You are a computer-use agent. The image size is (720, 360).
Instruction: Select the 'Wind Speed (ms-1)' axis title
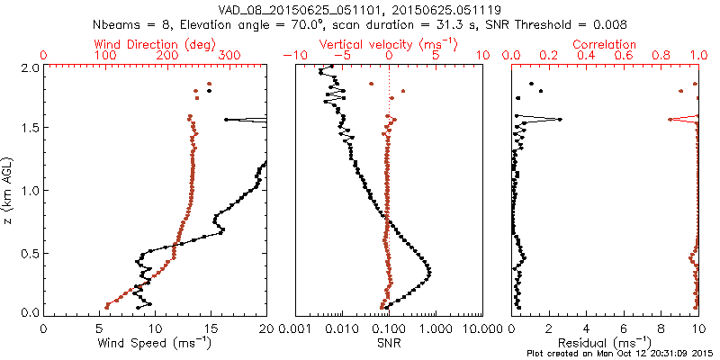click(154, 344)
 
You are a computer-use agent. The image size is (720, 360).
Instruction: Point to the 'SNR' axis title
click(389, 344)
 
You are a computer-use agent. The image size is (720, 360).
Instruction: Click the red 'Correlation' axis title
click(605, 44)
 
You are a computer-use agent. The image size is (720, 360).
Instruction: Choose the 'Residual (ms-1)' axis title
click(605, 344)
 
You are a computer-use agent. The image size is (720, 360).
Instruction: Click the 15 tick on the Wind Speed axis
click(211, 329)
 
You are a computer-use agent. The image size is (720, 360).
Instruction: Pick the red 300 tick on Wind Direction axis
click(229, 56)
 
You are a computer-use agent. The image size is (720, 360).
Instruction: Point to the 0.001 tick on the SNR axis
click(294, 329)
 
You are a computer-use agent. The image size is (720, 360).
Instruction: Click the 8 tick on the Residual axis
click(661, 329)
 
